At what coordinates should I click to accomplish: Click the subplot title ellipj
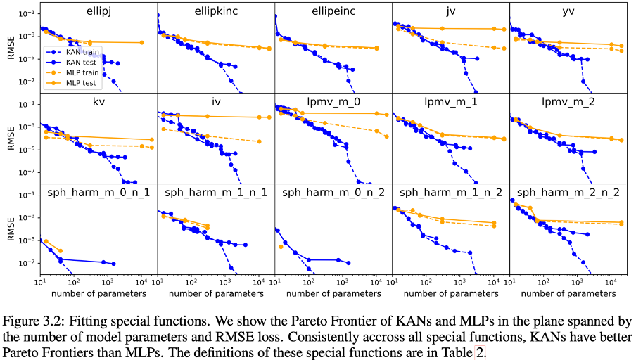[98, 12]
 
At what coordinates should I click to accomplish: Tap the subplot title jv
[450, 12]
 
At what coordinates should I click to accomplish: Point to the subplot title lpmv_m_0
[333, 102]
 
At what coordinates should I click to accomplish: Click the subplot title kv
[98, 102]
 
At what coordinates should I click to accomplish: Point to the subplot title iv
[215, 102]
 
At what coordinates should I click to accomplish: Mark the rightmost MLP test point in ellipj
[143, 42]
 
